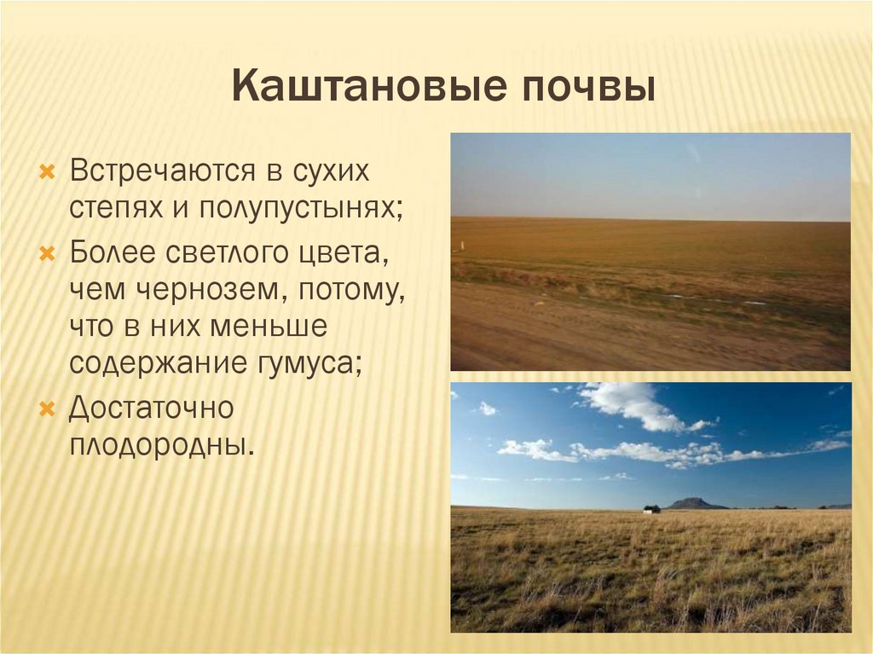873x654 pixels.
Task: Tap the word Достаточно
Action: coord(151,407)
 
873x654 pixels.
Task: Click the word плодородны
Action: coord(161,445)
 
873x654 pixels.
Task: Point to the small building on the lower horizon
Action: coord(651,508)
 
